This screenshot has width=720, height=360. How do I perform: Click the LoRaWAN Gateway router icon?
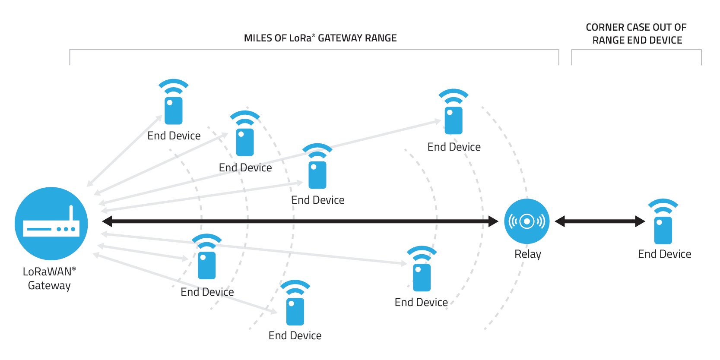[x=51, y=224]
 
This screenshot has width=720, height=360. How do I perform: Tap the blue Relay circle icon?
[x=527, y=221]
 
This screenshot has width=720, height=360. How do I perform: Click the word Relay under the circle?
[x=527, y=254]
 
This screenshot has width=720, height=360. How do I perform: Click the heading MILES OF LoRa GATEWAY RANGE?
[x=320, y=38]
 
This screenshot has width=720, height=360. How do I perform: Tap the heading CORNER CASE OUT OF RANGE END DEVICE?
[x=636, y=34]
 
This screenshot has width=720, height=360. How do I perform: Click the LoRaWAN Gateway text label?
[x=49, y=278]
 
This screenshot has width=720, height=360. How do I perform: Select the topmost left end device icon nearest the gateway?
[x=174, y=110]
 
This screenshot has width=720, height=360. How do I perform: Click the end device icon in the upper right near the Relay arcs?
[x=454, y=120]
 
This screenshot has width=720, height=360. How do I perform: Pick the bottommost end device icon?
[x=295, y=311]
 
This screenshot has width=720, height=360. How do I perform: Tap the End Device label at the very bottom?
[x=295, y=335]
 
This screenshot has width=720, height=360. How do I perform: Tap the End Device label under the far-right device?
[x=664, y=254]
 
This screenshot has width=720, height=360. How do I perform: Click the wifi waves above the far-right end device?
[x=663, y=206]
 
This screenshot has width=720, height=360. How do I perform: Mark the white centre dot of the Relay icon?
[x=527, y=221]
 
